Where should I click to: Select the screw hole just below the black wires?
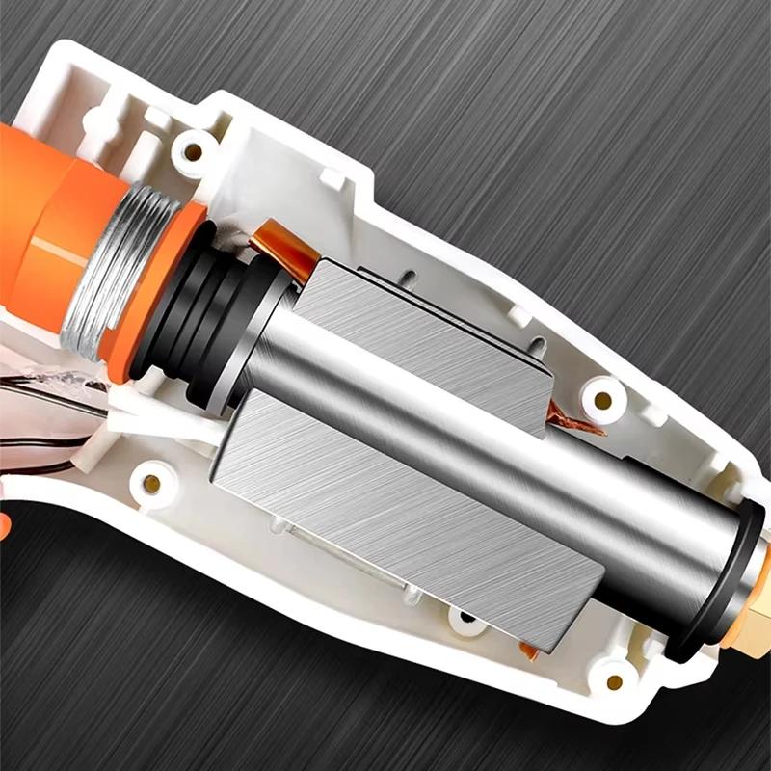point(151,479)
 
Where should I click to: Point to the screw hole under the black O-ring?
point(614,681)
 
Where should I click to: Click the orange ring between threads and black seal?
point(145,299)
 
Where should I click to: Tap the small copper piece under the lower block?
point(529,651)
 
